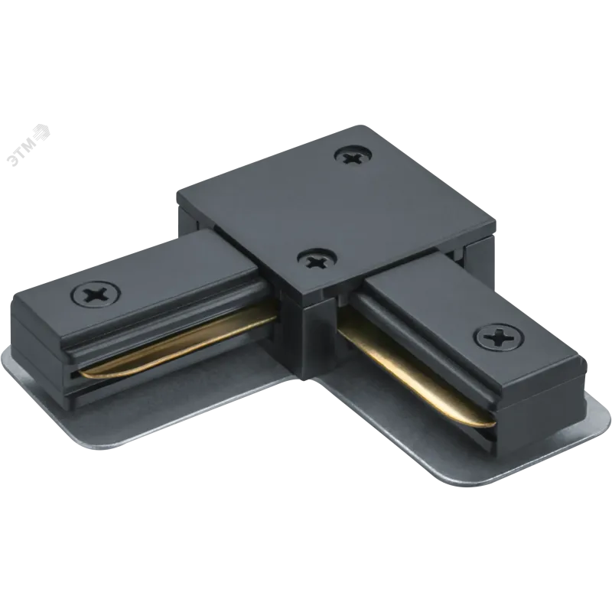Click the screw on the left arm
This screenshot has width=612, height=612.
pyautogui.click(x=96, y=295)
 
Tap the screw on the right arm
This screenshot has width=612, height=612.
pyautogui.click(x=500, y=337)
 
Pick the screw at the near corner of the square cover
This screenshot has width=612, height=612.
pyautogui.click(x=317, y=261)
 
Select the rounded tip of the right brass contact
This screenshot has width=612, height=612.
pyautogui.click(x=490, y=423)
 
